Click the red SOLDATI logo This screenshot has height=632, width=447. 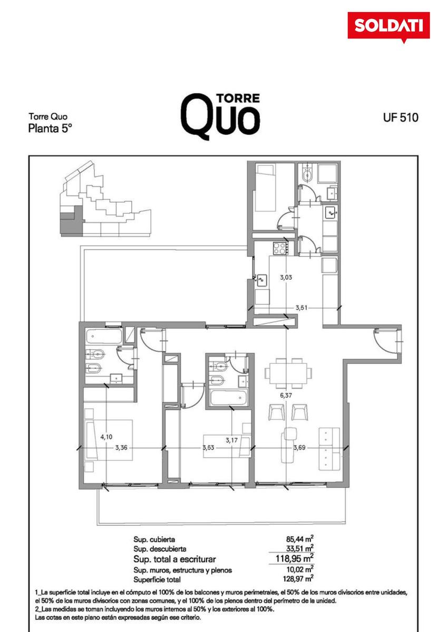(x=388, y=26)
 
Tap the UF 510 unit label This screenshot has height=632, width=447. (x=401, y=117)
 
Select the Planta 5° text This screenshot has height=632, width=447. (x=50, y=129)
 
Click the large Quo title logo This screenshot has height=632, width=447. (x=220, y=116)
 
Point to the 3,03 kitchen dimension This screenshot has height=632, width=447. (x=286, y=278)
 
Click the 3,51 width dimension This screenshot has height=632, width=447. (x=302, y=308)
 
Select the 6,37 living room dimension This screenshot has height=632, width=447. (x=286, y=396)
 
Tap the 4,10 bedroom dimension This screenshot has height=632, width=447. (x=106, y=437)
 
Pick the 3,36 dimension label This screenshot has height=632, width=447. (x=121, y=448)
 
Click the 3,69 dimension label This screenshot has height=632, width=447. (x=299, y=448)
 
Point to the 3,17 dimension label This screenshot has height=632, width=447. (x=231, y=440)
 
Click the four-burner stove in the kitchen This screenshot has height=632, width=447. (x=280, y=248)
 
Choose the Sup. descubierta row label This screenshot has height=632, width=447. (x=160, y=549)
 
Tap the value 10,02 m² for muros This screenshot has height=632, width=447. (x=299, y=570)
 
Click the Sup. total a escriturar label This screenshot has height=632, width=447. (x=174, y=559)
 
